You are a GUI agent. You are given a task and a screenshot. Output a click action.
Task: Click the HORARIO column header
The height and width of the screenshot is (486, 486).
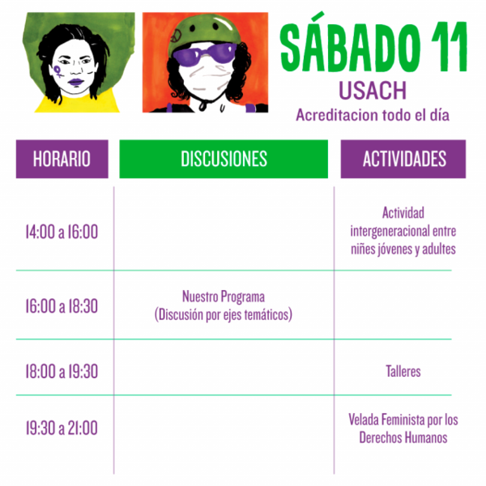[x=62, y=159]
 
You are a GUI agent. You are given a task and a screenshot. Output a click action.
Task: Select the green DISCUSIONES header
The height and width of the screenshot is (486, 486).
[x=224, y=159]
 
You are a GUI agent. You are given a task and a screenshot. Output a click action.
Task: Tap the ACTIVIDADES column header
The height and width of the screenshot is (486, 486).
[x=403, y=159]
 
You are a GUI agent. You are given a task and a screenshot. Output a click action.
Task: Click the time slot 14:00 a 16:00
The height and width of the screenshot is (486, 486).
[x=62, y=232]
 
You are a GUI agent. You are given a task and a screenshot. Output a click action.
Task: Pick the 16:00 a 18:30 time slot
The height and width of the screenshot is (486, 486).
[x=62, y=306]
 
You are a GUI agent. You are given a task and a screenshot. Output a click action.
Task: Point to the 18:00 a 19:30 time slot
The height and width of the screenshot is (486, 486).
[x=62, y=371]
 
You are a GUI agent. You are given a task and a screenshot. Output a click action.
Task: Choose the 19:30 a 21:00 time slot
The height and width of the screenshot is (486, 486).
[x=62, y=428]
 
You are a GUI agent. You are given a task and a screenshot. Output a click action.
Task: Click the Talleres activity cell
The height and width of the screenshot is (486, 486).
[x=403, y=371]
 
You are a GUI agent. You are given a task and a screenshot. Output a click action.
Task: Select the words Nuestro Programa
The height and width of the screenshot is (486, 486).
[x=224, y=296]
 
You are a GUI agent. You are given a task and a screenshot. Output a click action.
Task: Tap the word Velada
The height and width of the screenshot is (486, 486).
[x=364, y=420]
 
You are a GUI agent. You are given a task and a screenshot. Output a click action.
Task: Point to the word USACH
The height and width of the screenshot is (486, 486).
[x=373, y=91]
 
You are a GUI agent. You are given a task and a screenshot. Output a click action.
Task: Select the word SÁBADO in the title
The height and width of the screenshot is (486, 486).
[x=350, y=43]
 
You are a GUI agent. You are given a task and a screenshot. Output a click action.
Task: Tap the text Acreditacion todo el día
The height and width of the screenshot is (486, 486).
[x=373, y=115]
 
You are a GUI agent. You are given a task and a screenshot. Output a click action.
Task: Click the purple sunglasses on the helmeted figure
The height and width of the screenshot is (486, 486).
[x=205, y=53]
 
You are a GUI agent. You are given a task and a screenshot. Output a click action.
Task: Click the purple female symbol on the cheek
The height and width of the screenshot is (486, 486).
[x=58, y=71]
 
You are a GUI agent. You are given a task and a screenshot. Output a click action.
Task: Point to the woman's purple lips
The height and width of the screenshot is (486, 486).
[x=76, y=83]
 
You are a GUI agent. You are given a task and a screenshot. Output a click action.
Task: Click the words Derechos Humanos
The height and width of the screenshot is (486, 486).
[x=403, y=438]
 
